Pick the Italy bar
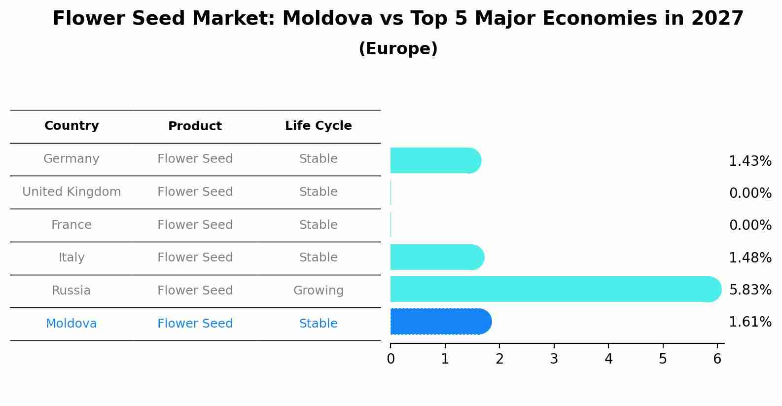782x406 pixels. (436, 257)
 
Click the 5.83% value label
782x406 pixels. (750, 290)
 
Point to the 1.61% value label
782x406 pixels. (750, 322)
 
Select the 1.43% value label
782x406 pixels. (750, 161)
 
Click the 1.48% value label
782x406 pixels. (750, 258)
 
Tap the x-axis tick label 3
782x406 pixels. (554, 359)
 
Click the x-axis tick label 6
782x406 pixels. (717, 359)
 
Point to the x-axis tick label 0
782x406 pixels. (391, 359)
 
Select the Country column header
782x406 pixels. (71, 126)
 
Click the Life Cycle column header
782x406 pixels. (319, 126)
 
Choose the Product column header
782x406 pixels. (195, 126)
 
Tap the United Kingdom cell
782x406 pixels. (71, 192)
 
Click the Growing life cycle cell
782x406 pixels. (319, 291)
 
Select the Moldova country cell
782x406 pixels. (71, 324)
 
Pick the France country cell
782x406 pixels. (71, 225)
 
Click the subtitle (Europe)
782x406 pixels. (398, 49)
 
